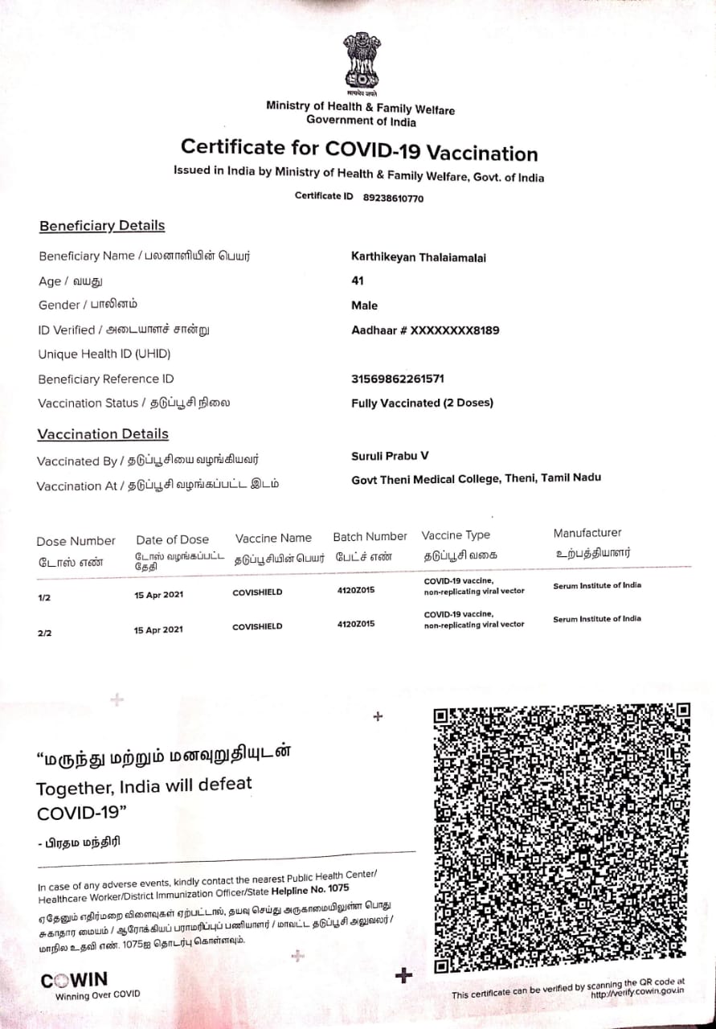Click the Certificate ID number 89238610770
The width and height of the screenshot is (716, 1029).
393,198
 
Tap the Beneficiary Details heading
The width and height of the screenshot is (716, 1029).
102,226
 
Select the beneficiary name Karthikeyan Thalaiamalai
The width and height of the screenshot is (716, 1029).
419,257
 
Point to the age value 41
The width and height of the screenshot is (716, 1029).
358,281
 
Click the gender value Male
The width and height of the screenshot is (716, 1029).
364,305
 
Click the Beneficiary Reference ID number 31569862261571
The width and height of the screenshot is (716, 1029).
398,379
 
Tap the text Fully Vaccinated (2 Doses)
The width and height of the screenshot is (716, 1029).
422,403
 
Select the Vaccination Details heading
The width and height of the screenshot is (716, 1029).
103,434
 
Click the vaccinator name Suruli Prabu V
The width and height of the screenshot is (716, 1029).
390,456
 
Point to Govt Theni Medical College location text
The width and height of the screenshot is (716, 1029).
476,478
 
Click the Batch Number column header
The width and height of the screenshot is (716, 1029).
370,537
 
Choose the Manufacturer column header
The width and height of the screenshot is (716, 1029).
587,533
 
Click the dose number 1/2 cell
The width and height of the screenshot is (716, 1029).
44,599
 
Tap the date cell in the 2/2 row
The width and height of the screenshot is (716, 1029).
158,629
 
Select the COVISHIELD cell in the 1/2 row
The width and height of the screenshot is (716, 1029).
257,592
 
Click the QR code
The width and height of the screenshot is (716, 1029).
562,838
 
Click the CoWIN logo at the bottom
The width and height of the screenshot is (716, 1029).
74,980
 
